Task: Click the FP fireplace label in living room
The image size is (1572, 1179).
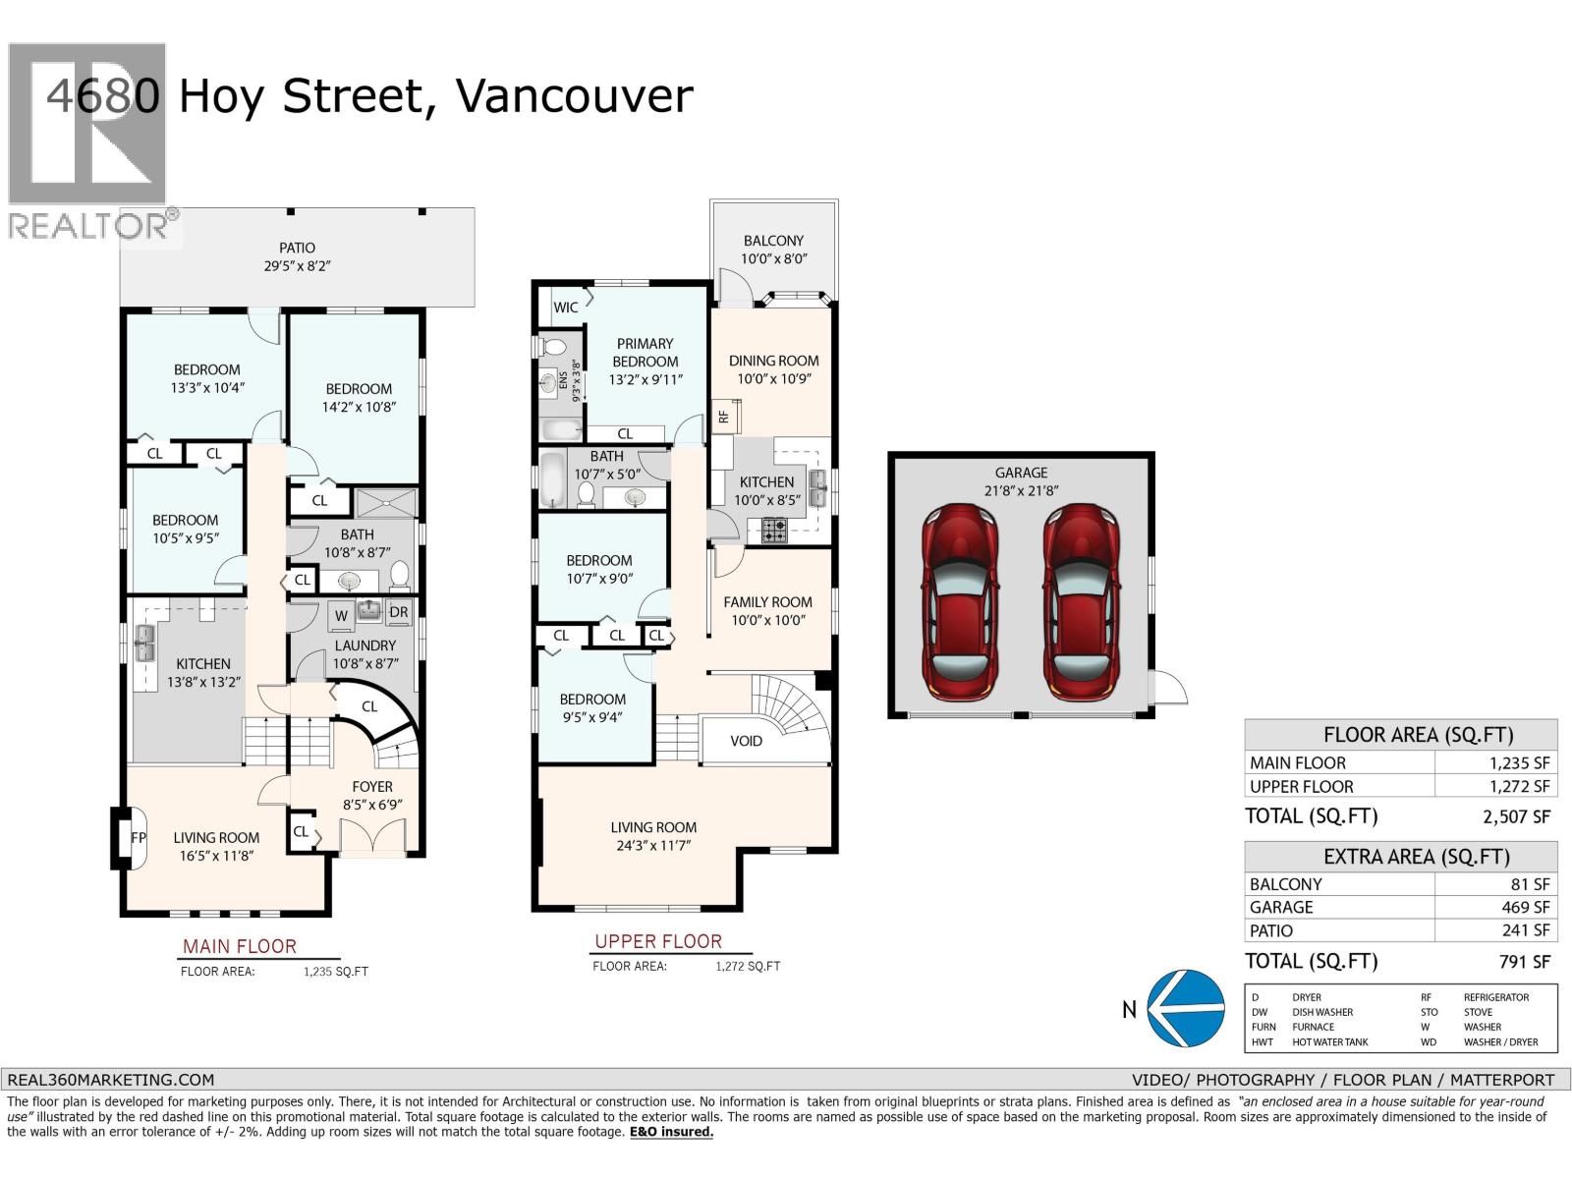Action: pyautogui.click(x=139, y=838)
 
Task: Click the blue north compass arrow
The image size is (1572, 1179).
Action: pyautogui.click(x=1187, y=1008)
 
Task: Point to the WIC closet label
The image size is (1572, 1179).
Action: pyautogui.click(x=566, y=308)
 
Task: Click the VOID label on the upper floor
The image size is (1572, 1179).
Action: pyautogui.click(x=746, y=741)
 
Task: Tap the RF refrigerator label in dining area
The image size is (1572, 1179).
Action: pyautogui.click(x=724, y=417)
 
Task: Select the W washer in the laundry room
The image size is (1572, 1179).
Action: pyautogui.click(x=341, y=616)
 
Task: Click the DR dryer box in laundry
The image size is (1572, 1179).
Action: pyautogui.click(x=398, y=612)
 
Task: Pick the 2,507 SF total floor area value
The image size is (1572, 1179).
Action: pyautogui.click(x=1516, y=816)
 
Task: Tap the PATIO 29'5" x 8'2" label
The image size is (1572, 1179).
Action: pyautogui.click(x=297, y=256)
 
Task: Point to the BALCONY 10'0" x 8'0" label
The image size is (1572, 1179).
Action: pyautogui.click(x=773, y=250)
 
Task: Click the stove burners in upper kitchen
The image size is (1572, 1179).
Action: pyautogui.click(x=774, y=532)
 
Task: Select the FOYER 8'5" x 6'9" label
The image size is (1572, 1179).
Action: pyautogui.click(x=372, y=795)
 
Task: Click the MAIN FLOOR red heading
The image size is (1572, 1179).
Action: pyautogui.click(x=239, y=946)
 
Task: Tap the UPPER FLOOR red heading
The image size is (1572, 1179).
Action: pyautogui.click(x=657, y=941)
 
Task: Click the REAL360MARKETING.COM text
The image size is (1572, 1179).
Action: pyautogui.click(x=109, y=1079)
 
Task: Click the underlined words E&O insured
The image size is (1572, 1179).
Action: pyautogui.click(x=671, y=1132)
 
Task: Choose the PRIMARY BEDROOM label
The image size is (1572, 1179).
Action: pyautogui.click(x=645, y=352)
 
